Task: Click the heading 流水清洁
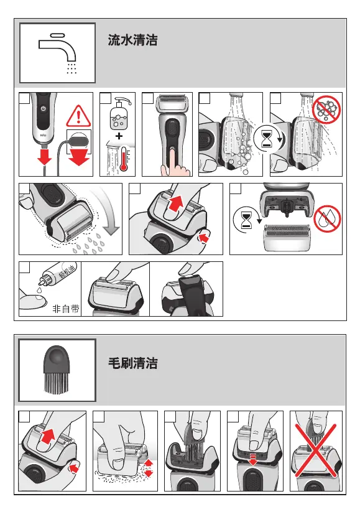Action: point(132,40)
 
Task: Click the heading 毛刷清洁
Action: point(133,363)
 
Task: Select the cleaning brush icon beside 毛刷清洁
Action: point(57,370)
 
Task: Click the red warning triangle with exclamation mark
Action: point(78,116)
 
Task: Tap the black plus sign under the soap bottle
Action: point(119,136)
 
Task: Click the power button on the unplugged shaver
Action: point(43,109)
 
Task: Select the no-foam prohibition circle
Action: point(326,110)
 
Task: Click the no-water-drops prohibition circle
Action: point(328,219)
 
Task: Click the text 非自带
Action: point(66,309)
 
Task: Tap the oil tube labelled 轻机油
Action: point(58,276)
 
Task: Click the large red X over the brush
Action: point(316,450)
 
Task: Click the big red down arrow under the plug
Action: point(79,157)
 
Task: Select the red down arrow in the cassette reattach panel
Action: point(253,460)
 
